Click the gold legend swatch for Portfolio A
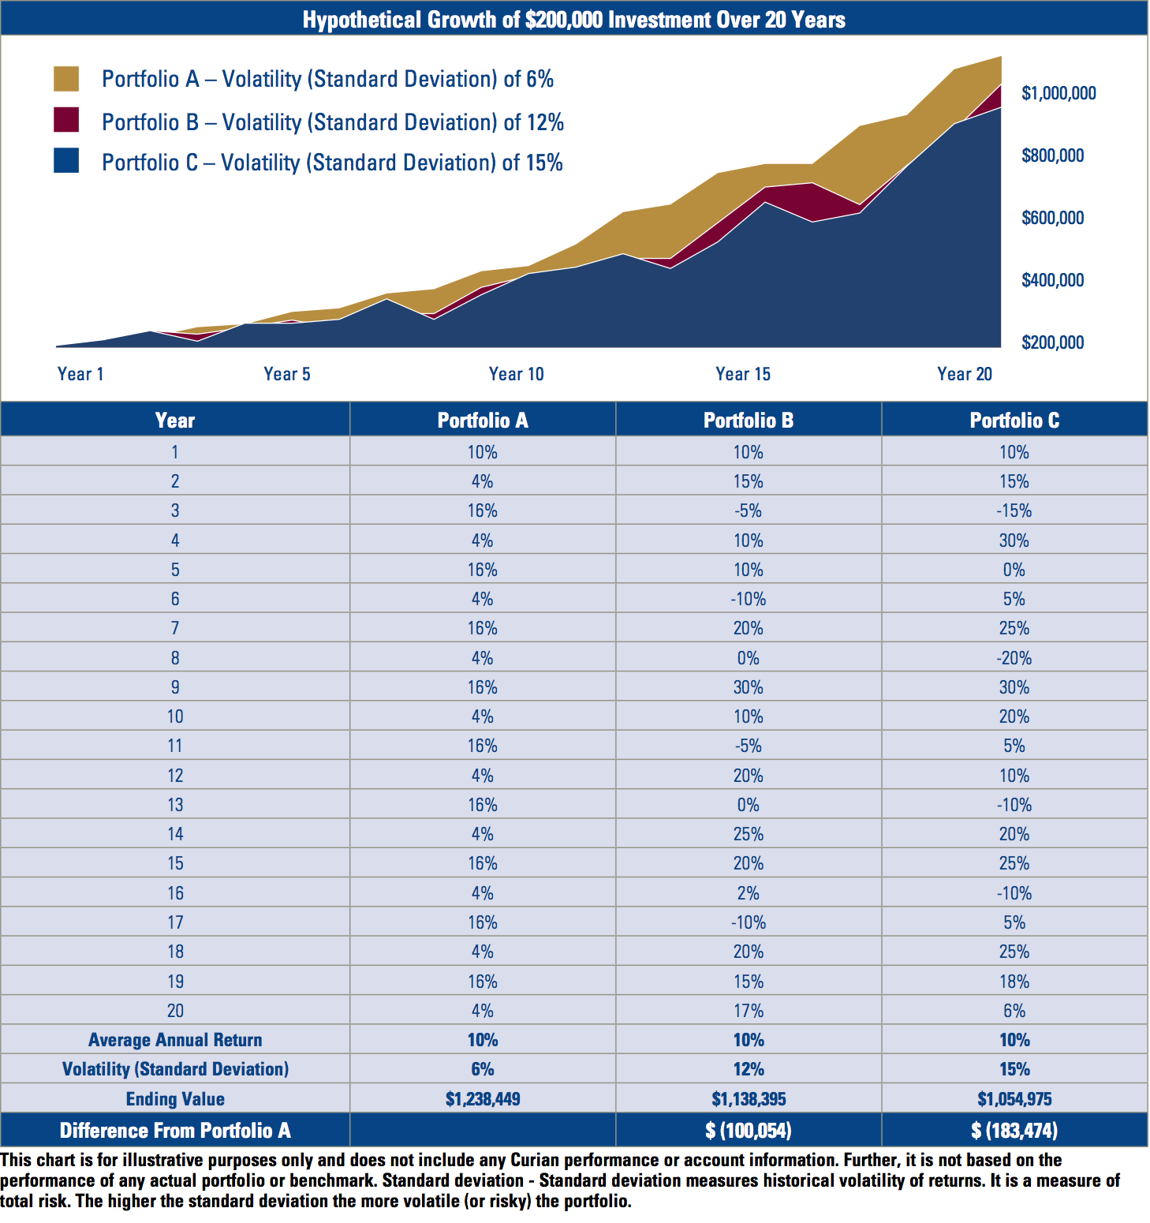[66, 79]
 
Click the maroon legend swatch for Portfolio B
[66, 120]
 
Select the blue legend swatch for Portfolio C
[66, 161]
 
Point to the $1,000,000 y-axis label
[1059, 93]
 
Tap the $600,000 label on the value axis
[1052, 218]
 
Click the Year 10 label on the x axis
[516, 374]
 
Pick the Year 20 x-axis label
[964, 374]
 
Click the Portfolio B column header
[748, 421]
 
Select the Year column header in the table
[175, 421]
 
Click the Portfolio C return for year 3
[1014, 511]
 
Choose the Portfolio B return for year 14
[748, 834]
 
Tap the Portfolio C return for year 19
[1014, 982]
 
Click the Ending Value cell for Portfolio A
[482, 1099]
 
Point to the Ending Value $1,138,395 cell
[748, 1099]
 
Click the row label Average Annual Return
[175, 1040]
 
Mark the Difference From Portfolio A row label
[175, 1131]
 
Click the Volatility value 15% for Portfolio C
[1014, 1069]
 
